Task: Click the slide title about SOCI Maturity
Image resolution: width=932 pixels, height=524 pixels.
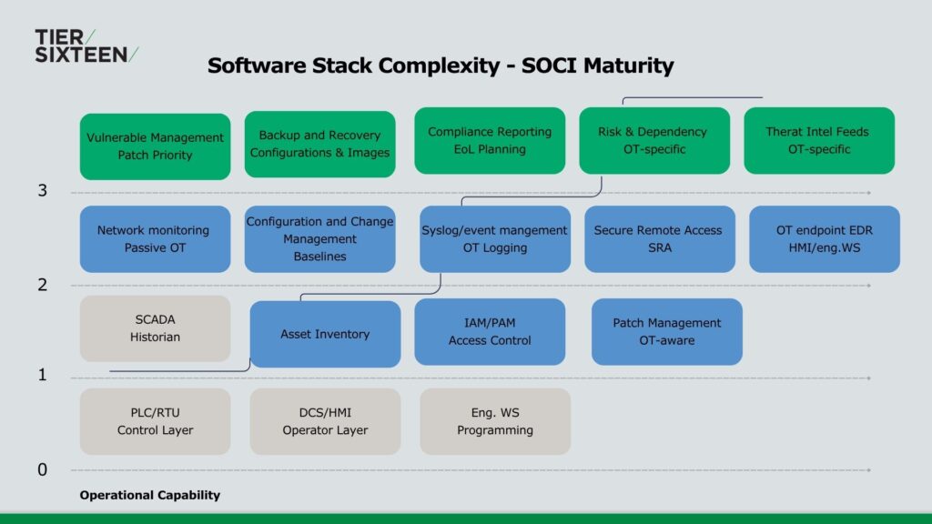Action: click(441, 65)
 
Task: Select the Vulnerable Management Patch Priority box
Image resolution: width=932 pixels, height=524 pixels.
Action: click(155, 146)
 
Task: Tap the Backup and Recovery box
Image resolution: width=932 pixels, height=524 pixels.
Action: click(319, 144)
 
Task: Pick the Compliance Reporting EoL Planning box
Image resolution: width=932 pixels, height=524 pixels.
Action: click(490, 140)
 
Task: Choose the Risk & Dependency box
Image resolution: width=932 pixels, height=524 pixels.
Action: click(654, 140)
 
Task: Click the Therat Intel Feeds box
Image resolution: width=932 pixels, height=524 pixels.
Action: click(819, 140)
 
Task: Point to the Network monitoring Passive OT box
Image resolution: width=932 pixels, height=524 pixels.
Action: click(153, 239)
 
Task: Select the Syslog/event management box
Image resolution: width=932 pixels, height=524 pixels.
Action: click(495, 239)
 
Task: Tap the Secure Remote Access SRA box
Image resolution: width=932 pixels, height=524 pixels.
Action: click(660, 239)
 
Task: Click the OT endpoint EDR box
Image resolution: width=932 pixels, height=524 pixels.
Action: click(825, 239)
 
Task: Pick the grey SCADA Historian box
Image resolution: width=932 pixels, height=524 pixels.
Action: click(155, 328)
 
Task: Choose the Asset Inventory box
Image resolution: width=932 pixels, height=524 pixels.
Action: click(325, 334)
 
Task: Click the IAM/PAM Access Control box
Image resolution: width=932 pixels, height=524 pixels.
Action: click(490, 332)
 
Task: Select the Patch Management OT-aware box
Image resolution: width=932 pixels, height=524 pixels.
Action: click(666, 332)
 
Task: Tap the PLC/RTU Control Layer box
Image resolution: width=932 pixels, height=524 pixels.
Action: click(155, 421)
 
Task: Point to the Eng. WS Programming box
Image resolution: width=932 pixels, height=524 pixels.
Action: click(495, 421)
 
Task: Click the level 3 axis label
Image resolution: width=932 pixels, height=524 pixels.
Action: click(42, 191)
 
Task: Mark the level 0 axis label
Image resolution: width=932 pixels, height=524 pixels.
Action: click(42, 469)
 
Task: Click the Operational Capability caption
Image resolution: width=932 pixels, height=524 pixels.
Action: click(150, 496)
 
